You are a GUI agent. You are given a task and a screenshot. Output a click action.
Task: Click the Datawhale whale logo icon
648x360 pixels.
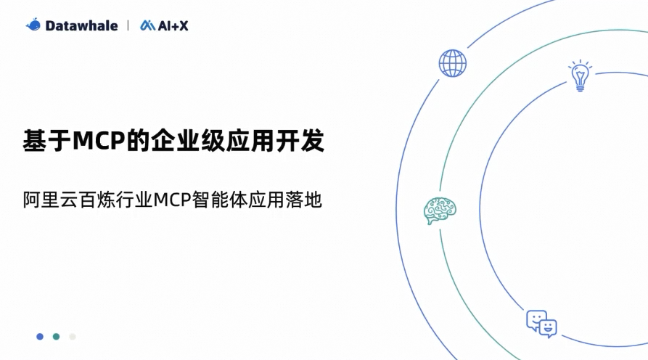(33, 25)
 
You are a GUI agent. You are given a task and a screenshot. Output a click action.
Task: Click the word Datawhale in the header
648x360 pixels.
(81, 25)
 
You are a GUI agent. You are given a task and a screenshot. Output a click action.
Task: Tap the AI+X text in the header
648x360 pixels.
(173, 25)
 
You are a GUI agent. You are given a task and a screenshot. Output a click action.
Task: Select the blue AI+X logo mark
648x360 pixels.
(147, 25)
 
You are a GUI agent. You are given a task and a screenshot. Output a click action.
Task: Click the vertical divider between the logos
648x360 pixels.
(128, 25)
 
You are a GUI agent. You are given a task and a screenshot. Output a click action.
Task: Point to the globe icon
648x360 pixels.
(453, 63)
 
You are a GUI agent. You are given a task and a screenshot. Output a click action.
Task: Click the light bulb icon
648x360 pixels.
(580, 75)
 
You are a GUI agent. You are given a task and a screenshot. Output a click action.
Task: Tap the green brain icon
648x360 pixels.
(440, 210)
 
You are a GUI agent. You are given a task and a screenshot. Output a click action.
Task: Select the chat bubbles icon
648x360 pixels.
(541, 324)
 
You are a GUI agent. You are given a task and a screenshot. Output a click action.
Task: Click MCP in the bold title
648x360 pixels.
(99, 141)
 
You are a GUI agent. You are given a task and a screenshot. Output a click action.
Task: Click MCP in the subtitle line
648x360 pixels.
(172, 200)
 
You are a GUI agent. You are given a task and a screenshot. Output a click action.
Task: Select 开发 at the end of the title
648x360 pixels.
(300, 141)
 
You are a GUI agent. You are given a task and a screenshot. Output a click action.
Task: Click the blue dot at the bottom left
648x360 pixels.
(40, 337)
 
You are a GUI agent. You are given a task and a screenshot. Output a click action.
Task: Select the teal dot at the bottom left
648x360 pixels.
(56, 337)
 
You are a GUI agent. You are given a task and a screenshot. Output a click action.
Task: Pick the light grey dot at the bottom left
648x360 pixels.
(73, 337)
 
